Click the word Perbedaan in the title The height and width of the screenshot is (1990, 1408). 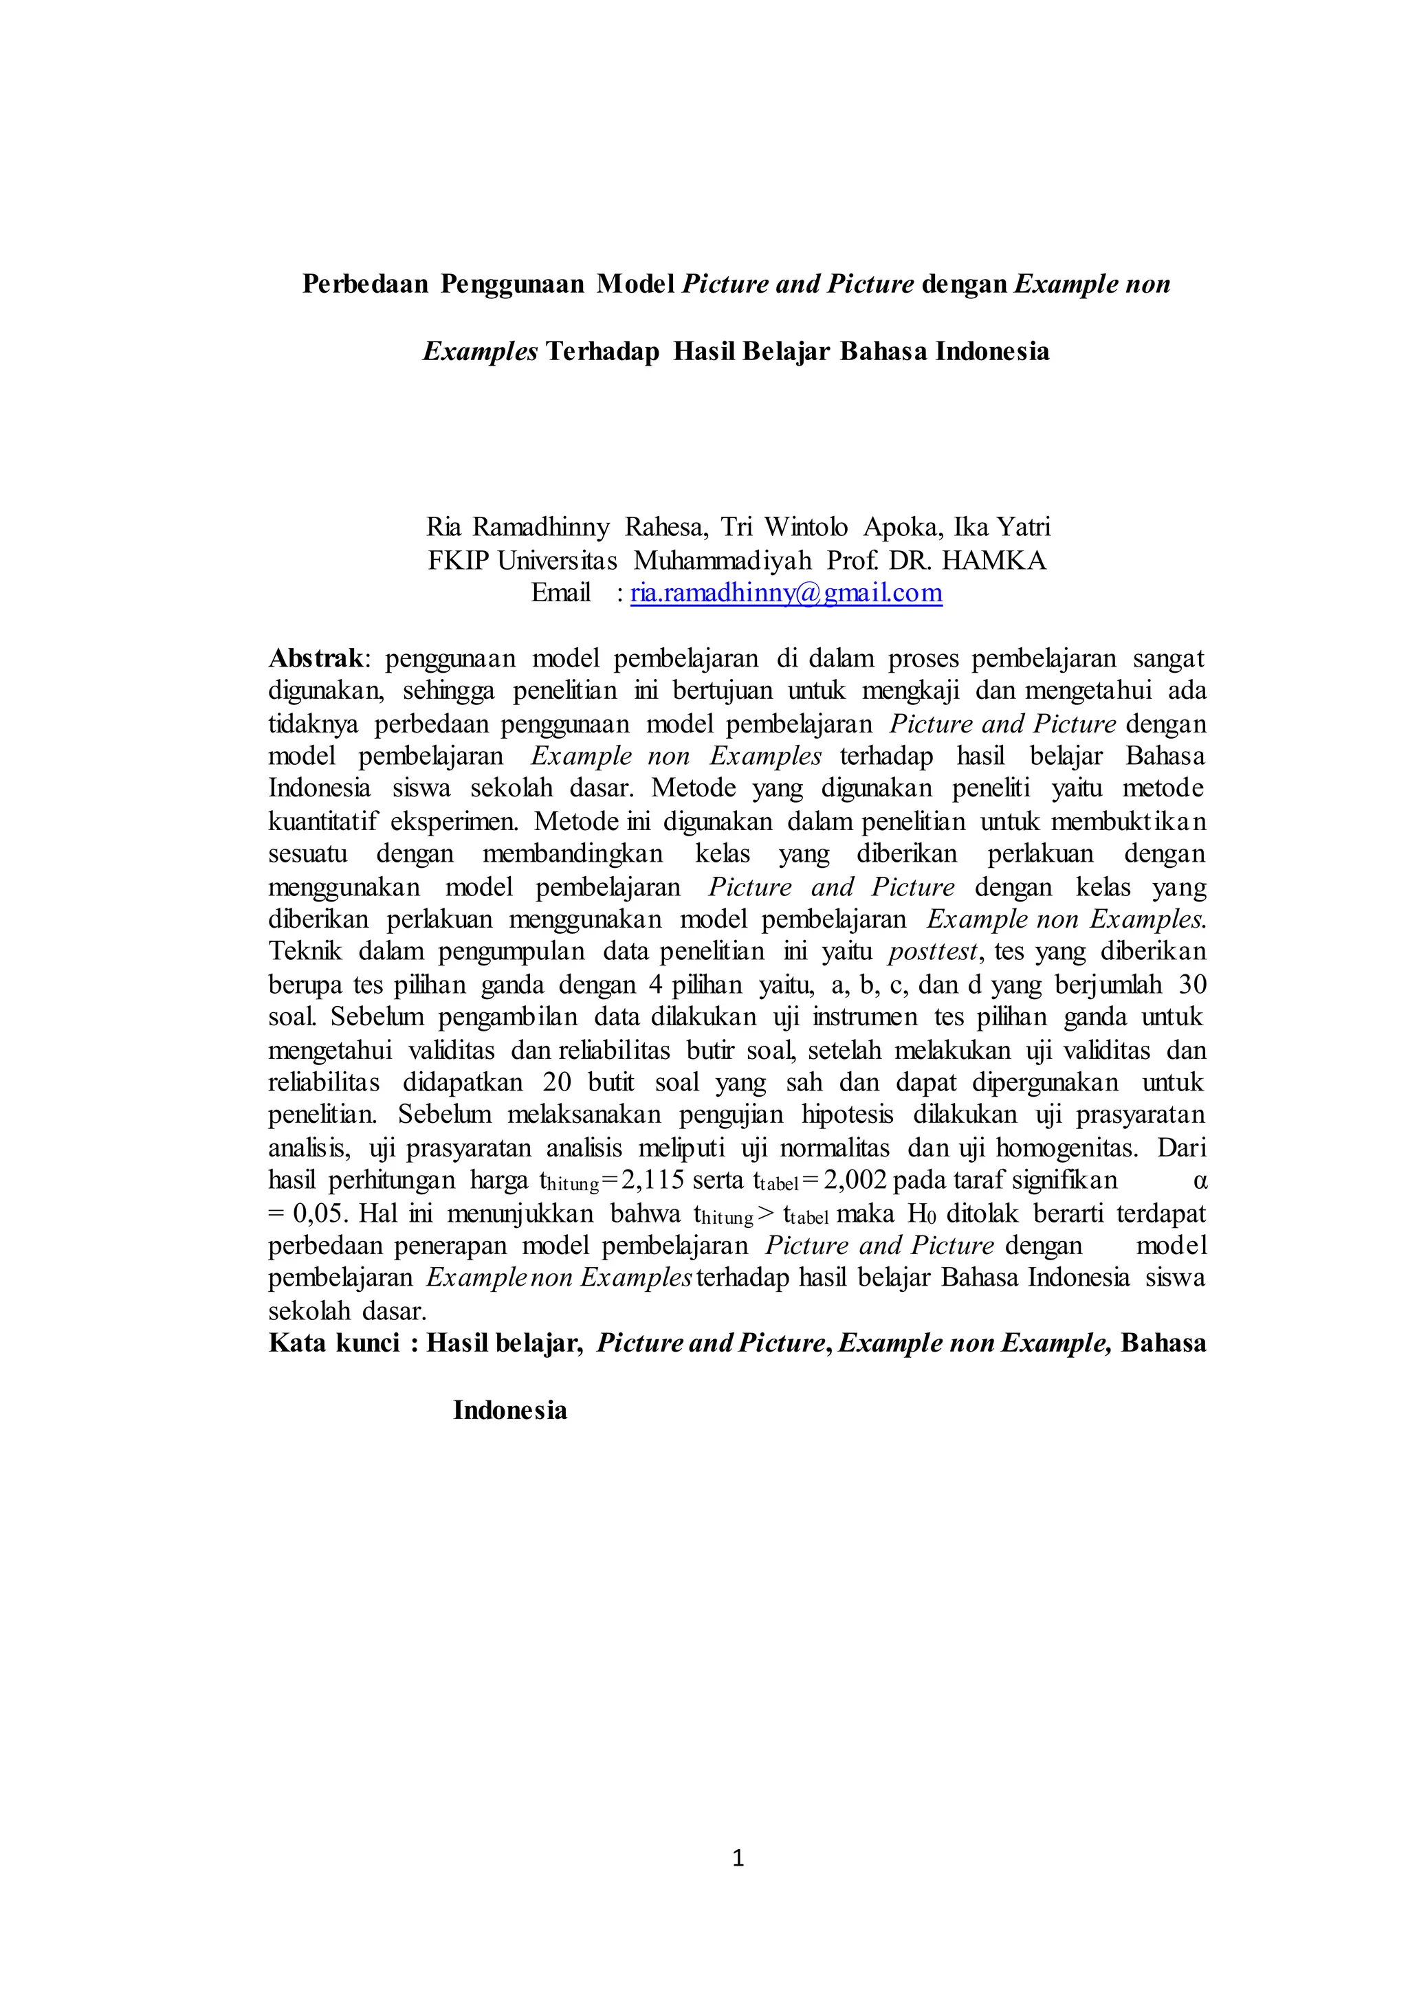click(365, 284)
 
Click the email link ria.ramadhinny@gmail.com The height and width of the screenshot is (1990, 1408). click(786, 593)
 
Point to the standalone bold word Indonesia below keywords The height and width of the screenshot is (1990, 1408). click(510, 1410)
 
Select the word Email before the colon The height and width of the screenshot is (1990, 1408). click(560, 593)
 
